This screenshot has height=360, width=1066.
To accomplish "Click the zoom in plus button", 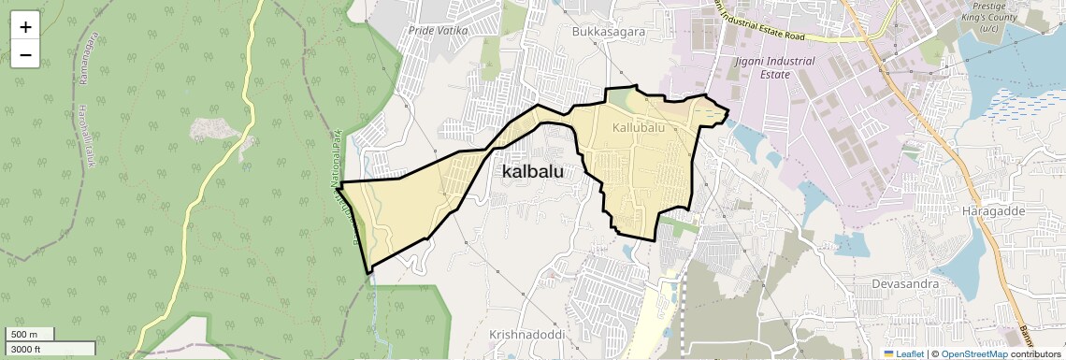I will coord(25,26).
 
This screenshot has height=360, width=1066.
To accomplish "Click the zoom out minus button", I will coord(25,55).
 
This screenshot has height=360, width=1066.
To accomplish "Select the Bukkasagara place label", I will coord(608,31).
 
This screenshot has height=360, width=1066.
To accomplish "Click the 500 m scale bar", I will coord(31,334).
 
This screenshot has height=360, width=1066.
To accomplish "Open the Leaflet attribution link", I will coord(903,353).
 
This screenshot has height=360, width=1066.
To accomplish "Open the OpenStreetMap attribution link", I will coord(973,353).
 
